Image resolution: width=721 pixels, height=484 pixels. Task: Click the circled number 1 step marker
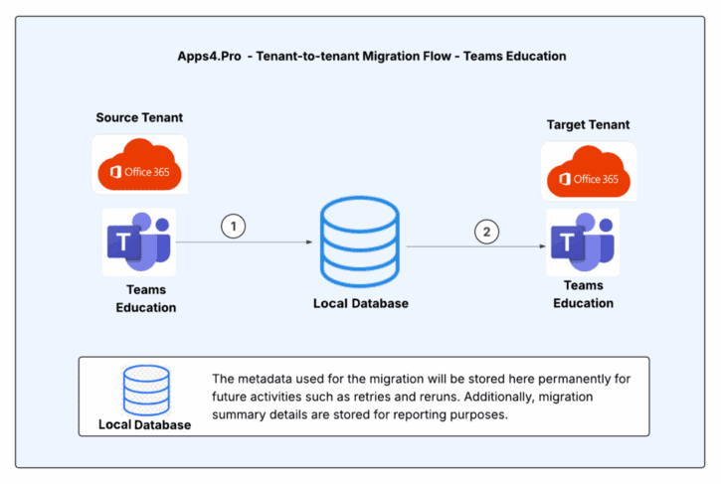pyautogui.click(x=233, y=227)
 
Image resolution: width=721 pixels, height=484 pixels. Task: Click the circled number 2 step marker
pyautogui.click(x=486, y=232)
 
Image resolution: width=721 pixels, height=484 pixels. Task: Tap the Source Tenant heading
pyautogui.click(x=139, y=118)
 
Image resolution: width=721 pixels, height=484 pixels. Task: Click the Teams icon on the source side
pyautogui.click(x=139, y=242)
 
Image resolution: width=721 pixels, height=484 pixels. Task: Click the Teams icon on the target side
pyautogui.click(x=584, y=242)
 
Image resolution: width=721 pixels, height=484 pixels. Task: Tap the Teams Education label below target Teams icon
pyautogui.click(x=583, y=295)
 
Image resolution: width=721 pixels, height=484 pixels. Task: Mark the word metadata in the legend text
pyautogui.click(x=272, y=380)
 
